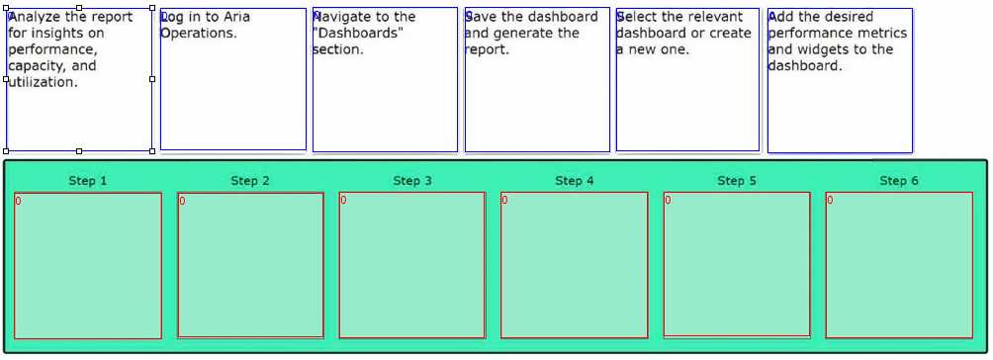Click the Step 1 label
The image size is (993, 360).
tap(88, 181)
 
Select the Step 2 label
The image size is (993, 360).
tap(250, 181)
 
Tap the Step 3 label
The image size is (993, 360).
tap(412, 181)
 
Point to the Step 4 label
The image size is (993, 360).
tap(575, 181)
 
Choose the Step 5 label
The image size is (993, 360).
tap(737, 181)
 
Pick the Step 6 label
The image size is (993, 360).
tap(899, 181)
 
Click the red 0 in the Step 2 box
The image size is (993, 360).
tap(182, 202)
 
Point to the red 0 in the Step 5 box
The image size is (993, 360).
tap(668, 201)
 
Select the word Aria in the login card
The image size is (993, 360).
tap(236, 17)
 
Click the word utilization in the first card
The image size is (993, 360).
tap(43, 83)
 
